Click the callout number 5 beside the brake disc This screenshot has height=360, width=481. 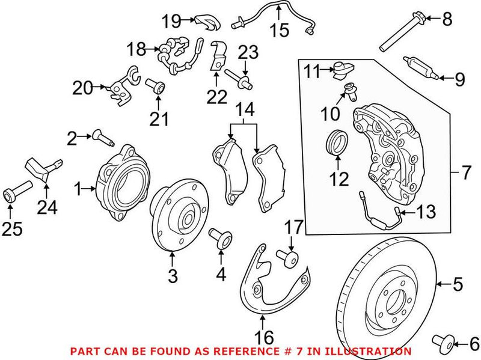(x=459, y=282)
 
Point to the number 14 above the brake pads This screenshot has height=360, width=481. (x=245, y=110)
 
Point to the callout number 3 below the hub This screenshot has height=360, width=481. (x=173, y=277)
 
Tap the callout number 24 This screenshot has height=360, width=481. (x=47, y=208)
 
